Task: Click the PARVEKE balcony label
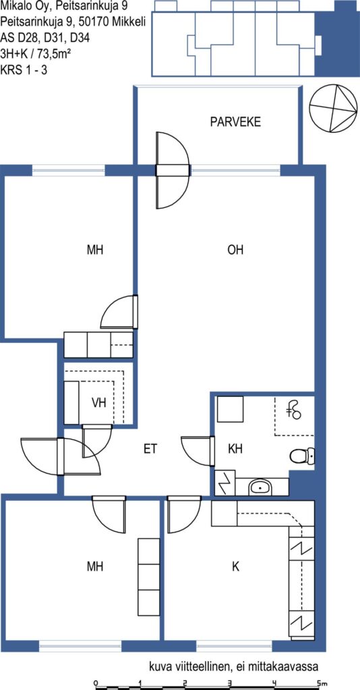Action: coord(235,121)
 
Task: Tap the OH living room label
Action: coord(235,250)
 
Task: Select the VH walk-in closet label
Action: coord(99,402)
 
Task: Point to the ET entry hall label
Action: coord(150,449)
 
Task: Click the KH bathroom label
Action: coord(235,449)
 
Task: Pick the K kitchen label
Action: coord(236,567)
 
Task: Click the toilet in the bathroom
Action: coord(303,456)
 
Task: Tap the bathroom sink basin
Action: coord(260,487)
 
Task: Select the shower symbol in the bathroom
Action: coord(293,409)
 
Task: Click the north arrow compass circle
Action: coord(332,108)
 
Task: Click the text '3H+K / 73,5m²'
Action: coord(36,54)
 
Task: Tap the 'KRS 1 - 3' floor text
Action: coord(24,70)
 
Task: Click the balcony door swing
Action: coord(173,170)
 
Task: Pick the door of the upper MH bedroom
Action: coord(119,312)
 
